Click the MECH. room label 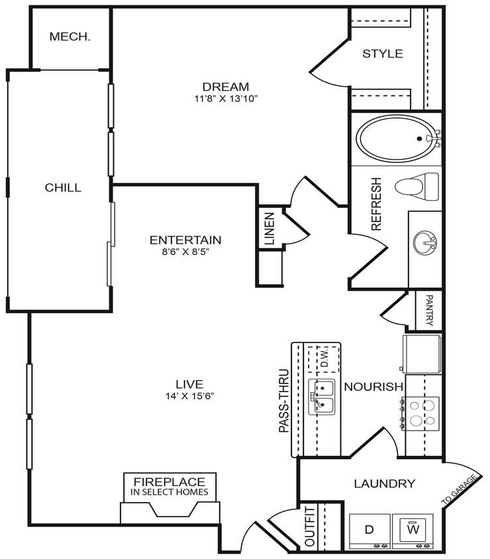(70, 37)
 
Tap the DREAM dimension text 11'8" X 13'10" (226, 99)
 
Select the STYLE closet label (382, 54)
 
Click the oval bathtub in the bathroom (397, 139)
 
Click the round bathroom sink (426, 243)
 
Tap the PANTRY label (430, 310)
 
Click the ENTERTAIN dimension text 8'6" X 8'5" (185, 252)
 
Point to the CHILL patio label (63, 187)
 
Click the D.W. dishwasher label (324, 359)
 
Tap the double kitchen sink (323, 397)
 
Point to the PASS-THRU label (284, 401)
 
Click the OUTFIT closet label (310, 526)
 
